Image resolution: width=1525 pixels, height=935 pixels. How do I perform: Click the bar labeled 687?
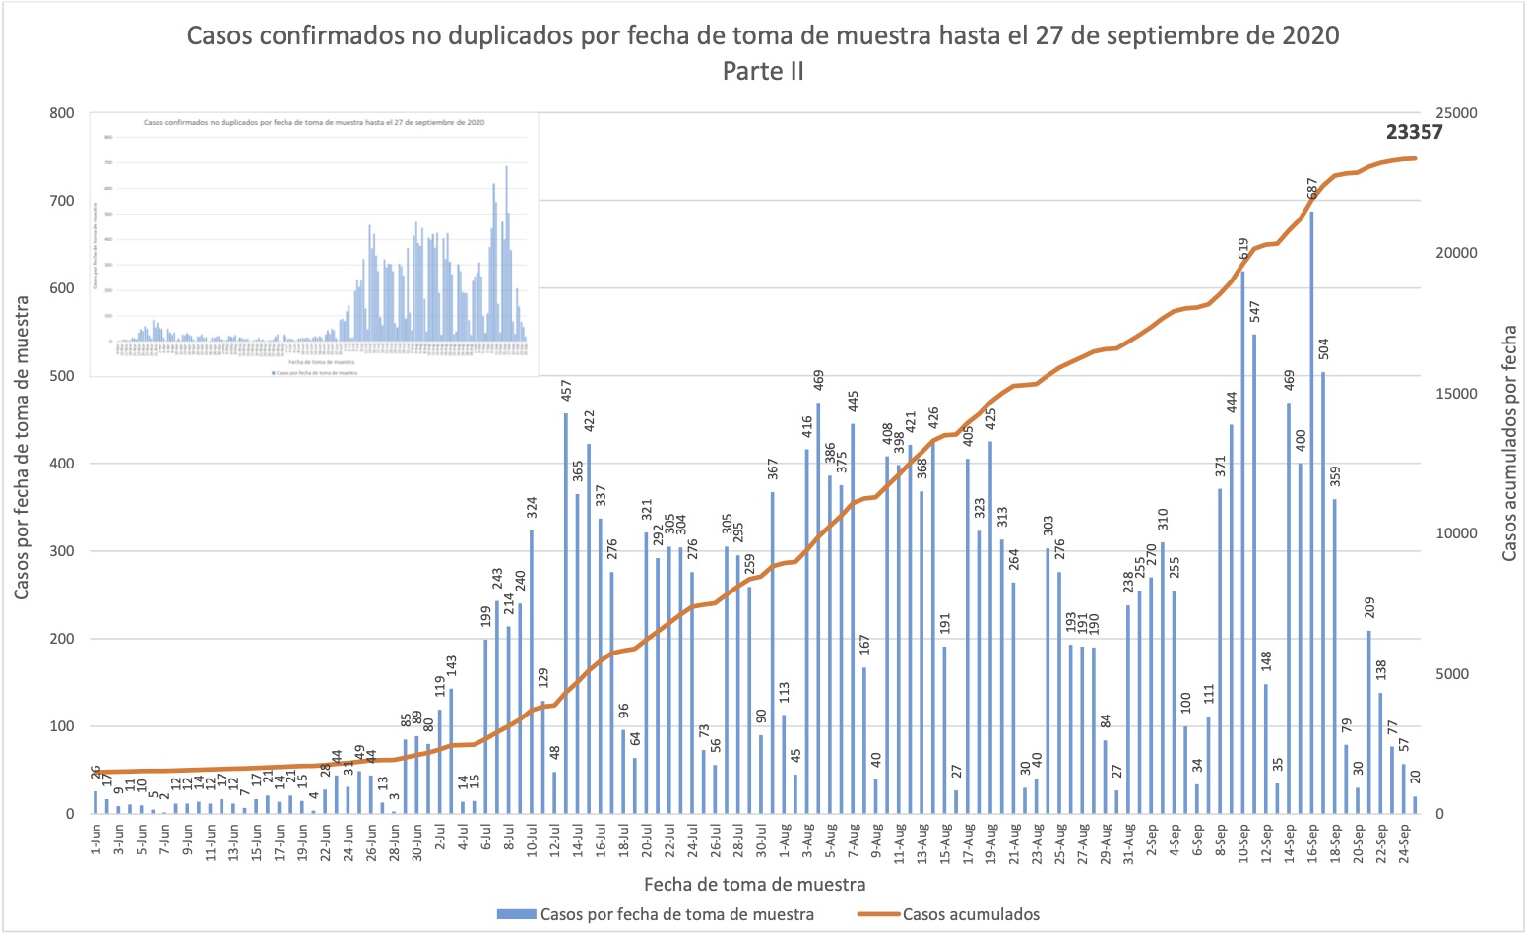(x=1311, y=512)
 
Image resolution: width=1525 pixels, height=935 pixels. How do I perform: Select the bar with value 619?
(x=1242, y=541)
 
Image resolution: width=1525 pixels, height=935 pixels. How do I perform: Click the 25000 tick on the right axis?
(x=1454, y=113)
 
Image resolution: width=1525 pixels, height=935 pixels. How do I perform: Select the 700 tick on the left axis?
(x=61, y=201)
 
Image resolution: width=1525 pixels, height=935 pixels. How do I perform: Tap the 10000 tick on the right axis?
(x=1454, y=533)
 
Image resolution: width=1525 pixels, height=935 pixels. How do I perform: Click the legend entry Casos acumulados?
(x=970, y=914)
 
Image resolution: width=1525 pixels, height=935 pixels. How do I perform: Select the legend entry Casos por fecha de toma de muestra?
(x=676, y=914)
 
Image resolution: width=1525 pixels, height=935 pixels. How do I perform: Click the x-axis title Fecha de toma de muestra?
(x=754, y=884)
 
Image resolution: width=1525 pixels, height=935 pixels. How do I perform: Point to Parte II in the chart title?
(x=762, y=71)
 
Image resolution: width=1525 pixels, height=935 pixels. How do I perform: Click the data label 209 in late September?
(x=1369, y=612)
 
